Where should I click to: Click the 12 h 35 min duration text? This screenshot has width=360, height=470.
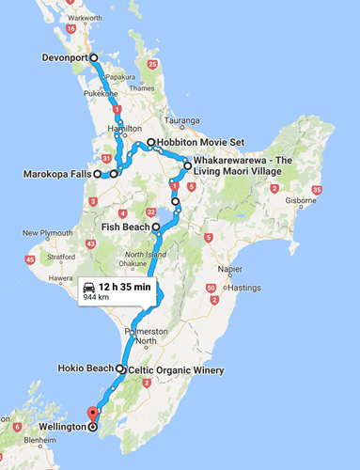[126, 286]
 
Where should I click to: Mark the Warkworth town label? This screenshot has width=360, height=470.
[84, 18]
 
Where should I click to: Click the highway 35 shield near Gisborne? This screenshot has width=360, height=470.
[318, 190]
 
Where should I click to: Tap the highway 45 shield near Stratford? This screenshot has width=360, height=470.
[31, 259]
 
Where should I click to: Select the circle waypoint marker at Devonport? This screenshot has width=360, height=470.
[94, 57]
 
